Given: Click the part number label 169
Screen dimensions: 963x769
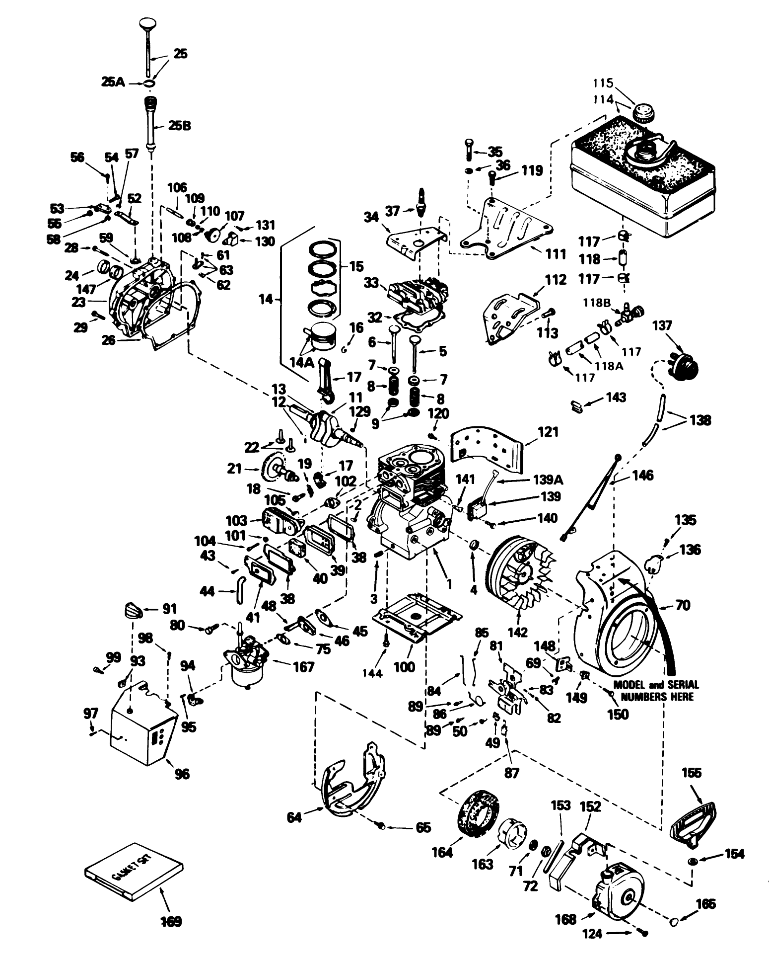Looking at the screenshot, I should (x=171, y=921).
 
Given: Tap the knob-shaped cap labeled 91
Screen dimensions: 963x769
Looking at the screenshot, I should (x=132, y=610).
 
